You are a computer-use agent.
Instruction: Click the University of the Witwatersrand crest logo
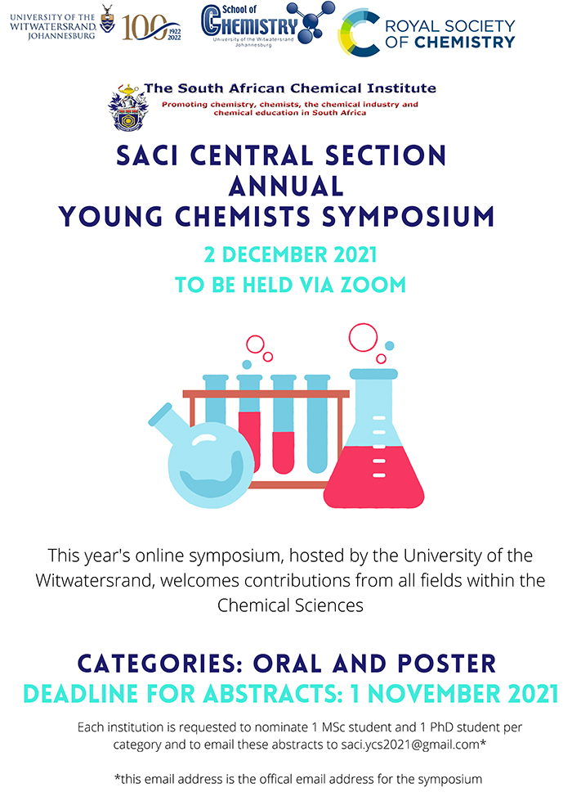107,20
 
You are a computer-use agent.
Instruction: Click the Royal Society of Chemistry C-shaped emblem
360,32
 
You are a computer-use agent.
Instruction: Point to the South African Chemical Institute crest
127,107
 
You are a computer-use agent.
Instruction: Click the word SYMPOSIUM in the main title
408,217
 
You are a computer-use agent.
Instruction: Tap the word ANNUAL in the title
286,187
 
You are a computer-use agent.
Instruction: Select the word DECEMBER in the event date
275,254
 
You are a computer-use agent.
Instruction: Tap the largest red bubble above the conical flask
363,337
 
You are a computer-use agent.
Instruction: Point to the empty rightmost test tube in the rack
317,424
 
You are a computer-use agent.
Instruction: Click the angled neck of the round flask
170,421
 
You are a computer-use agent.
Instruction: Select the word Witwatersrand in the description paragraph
95,580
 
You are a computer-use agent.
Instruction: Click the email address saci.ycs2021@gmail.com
410,745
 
